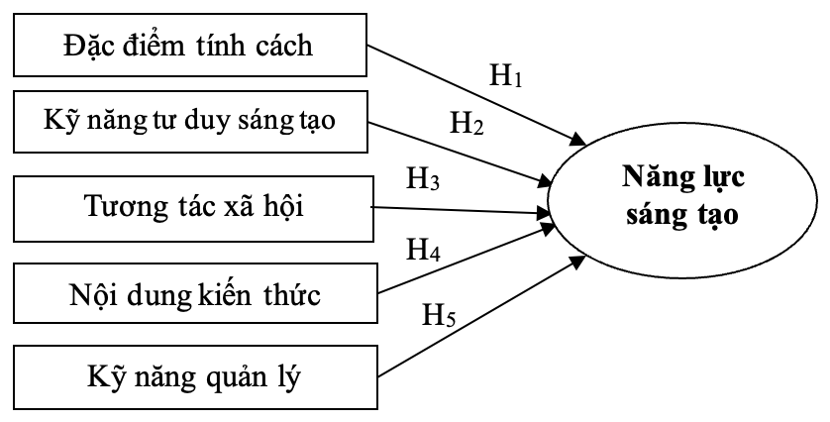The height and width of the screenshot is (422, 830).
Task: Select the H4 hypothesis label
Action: pos(424,250)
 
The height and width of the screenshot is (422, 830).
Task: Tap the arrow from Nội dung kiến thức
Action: pos(466,261)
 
